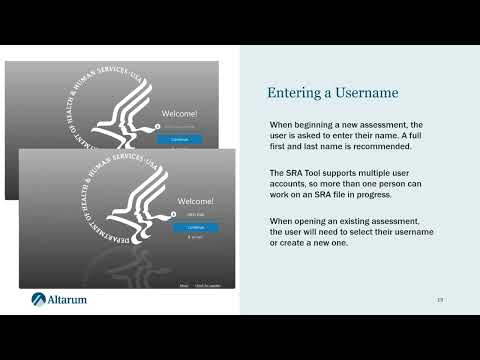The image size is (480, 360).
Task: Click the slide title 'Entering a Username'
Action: pos(332,93)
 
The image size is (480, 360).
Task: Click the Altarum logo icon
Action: pos(39,299)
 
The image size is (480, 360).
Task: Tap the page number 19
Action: pos(440,300)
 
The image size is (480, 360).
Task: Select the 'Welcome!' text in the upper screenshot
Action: pos(180,115)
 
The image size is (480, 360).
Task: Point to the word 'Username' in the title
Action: pos(366,93)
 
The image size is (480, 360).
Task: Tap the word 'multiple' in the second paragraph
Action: pos(376,173)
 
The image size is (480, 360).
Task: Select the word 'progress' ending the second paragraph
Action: pos(384,196)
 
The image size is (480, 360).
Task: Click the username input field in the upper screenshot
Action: pos(180,127)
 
